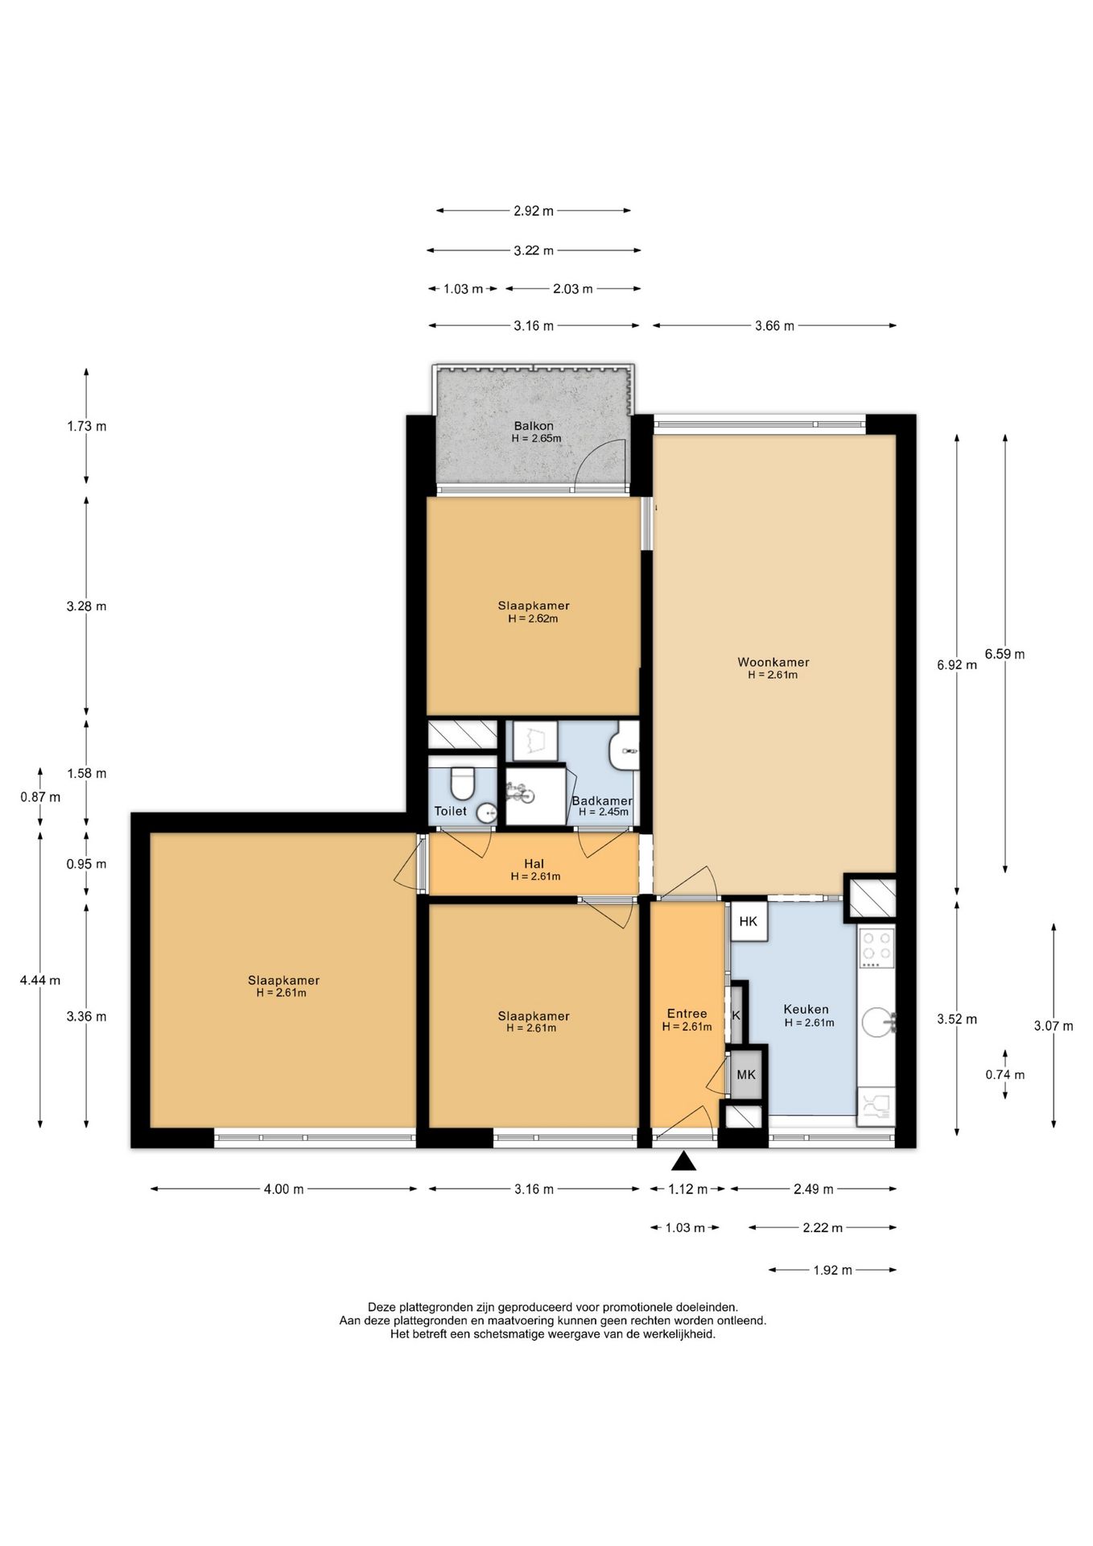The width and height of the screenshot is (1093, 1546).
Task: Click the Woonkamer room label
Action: click(x=773, y=663)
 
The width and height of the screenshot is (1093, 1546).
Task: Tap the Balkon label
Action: click(x=534, y=426)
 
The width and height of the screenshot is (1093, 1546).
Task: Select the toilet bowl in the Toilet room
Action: click(x=462, y=781)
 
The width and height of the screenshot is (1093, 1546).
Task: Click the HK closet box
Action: click(x=749, y=921)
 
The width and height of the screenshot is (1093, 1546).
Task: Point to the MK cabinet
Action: click(x=746, y=1074)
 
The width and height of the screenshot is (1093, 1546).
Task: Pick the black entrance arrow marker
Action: click(x=683, y=1160)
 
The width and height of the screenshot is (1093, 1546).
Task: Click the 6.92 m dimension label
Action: click(x=957, y=665)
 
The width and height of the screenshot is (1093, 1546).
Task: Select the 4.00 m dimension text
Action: click(x=283, y=1189)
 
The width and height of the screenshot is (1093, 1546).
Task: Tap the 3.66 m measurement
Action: click(x=774, y=326)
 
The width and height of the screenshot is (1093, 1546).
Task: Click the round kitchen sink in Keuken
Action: click(x=876, y=1023)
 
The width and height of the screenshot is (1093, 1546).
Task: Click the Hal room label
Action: click(x=534, y=864)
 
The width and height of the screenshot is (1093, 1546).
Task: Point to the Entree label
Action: click(x=687, y=1014)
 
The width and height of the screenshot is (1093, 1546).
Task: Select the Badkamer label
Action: click(x=602, y=800)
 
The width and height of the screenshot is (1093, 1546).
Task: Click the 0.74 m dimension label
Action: click(x=1005, y=1075)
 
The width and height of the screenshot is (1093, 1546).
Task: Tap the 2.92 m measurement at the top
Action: click(x=534, y=211)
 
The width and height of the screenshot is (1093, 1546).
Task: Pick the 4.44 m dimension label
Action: click(x=40, y=981)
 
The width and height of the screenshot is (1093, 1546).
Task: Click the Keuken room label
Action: click(x=806, y=1009)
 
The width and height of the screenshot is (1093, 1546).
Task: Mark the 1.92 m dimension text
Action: click(x=832, y=1271)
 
